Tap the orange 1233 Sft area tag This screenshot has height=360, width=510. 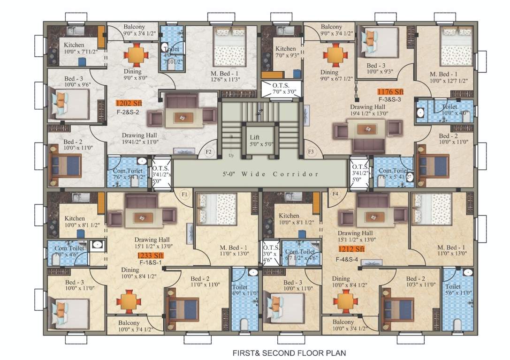pos(150,255)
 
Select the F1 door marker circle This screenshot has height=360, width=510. pos(184,193)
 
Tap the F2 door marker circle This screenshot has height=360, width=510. pos(209,152)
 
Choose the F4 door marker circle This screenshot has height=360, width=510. pos(335,193)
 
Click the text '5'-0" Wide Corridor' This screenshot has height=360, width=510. pos(271,174)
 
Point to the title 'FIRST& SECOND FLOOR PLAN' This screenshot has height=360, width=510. pos(290,352)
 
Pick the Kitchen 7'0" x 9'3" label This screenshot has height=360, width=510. pos(285,52)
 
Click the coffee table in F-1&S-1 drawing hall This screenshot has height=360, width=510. pos(142,217)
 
